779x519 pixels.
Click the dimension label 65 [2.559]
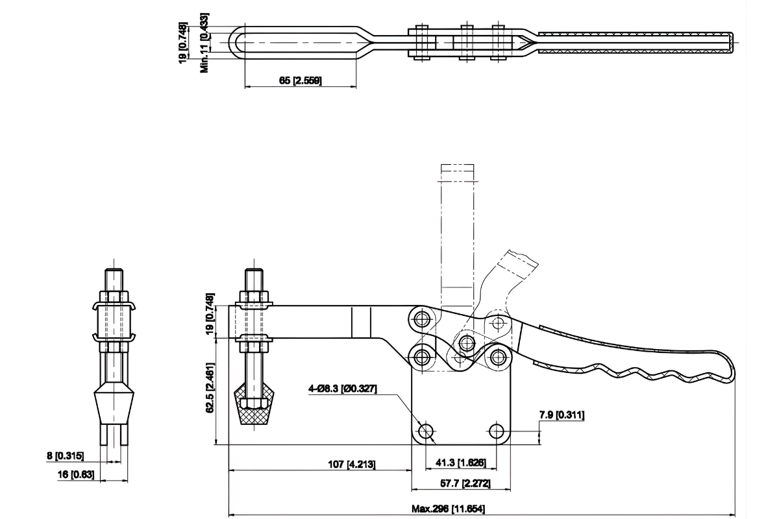click(x=300, y=80)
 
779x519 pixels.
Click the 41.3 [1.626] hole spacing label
click(x=460, y=463)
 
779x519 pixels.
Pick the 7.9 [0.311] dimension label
click(x=561, y=415)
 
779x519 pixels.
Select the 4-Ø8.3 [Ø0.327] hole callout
click(x=343, y=389)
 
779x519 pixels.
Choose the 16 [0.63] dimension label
click(x=75, y=475)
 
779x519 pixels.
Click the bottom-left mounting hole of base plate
click(x=427, y=431)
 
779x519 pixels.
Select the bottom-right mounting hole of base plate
click(x=497, y=431)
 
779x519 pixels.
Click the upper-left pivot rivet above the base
click(x=423, y=319)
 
